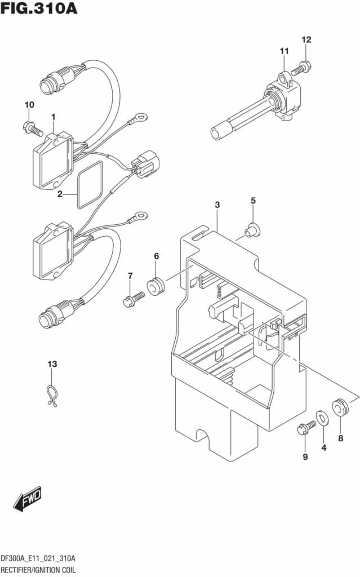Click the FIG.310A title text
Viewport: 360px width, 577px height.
(x=39, y=8)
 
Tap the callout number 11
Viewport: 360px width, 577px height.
(x=284, y=51)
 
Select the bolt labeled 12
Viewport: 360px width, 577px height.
(x=301, y=68)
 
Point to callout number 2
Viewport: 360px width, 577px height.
(x=60, y=194)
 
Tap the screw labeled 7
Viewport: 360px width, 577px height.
(x=134, y=299)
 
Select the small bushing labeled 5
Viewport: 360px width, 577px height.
(x=252, y=230)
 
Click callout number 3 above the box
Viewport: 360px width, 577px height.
(x=217, y=205)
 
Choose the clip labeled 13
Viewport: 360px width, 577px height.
(x=51, y=396)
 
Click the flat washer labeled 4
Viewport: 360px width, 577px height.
(x=322, y=418)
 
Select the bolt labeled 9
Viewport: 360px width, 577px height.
(x=306, y=428)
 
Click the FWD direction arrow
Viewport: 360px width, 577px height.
(x=28, y=499)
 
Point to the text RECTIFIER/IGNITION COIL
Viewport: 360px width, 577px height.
(x=38, y=570)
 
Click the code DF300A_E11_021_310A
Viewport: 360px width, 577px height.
(x=38, y=558)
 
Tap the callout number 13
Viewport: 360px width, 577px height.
(x=52, y=364)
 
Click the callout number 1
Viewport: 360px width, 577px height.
(x=54, y=117)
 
